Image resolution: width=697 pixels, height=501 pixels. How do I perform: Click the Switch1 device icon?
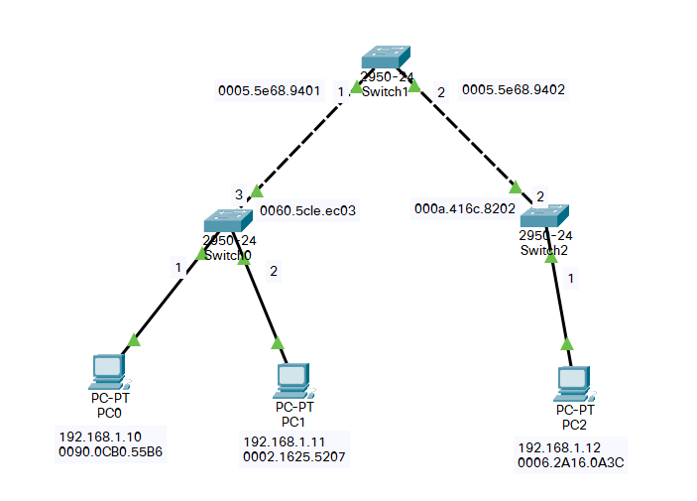386,57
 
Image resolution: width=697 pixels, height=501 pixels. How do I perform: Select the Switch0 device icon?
228,220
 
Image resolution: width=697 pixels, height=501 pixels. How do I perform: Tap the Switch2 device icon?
544,216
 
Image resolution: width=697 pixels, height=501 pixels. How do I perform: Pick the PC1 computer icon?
293,381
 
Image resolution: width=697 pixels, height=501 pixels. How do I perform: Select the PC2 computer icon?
575,384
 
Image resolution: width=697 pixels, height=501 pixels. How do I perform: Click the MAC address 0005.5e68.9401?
269,90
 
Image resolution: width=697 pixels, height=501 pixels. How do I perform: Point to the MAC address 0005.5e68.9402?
514,90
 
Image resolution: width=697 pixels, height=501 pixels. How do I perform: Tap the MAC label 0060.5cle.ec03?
307,210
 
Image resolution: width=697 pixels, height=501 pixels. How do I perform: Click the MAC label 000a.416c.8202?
465,208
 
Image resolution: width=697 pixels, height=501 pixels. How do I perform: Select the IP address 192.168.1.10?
100,437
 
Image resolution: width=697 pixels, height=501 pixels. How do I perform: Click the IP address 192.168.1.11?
284,441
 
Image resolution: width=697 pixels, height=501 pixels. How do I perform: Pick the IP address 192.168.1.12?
559,447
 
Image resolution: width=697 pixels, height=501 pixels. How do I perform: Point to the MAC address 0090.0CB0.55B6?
110,451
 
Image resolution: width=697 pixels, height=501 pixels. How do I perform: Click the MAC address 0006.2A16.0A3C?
571,462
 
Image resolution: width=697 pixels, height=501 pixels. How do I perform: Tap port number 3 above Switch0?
239,194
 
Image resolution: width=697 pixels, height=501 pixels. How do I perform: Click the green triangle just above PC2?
567,344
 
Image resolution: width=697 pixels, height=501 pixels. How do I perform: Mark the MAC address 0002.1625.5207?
293,457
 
